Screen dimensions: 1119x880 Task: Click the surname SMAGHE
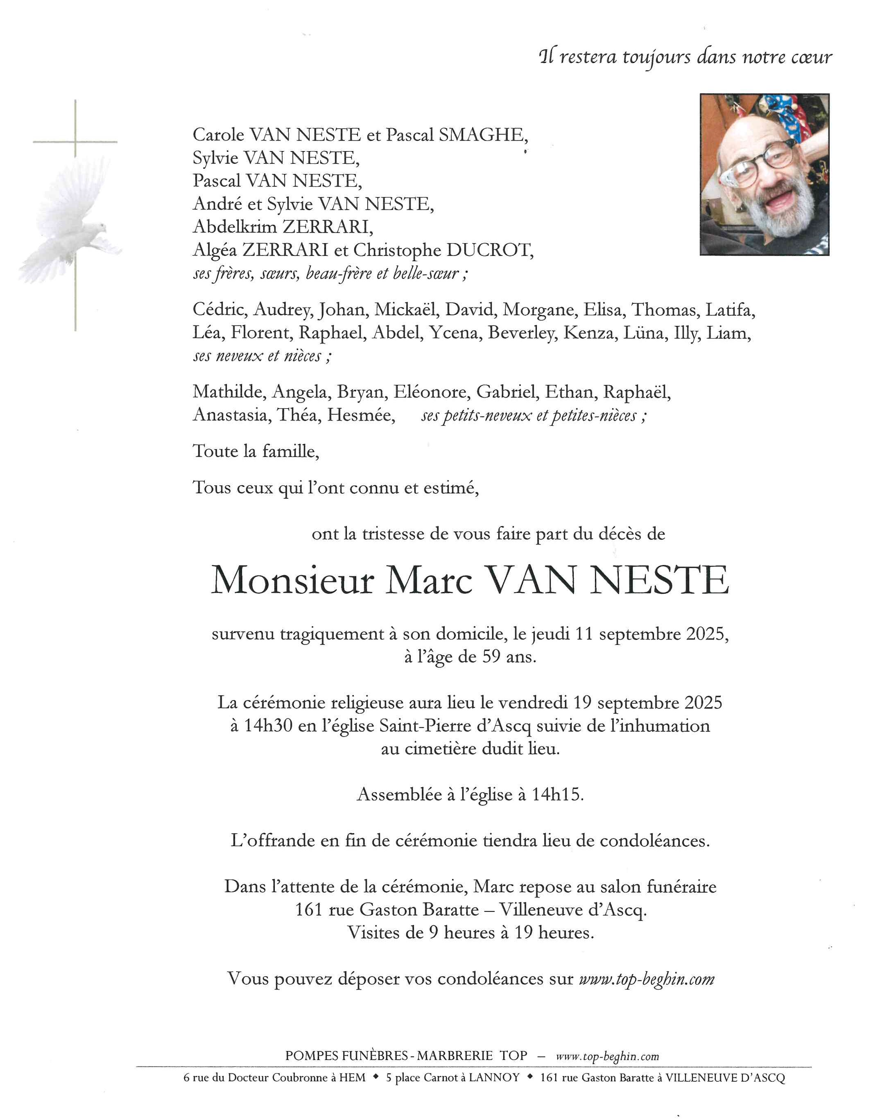[x=482, y=135]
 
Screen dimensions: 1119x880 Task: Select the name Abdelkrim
[x=235, y=227]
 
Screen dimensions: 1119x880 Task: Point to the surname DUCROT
[x=489, y=251]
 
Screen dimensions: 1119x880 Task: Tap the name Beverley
[x=521, y=333]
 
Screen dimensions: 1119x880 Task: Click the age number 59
[x=491, y=657]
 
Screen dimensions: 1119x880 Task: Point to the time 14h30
[x=268, y=726]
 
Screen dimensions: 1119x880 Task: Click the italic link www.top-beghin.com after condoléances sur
[x=647, y=979]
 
